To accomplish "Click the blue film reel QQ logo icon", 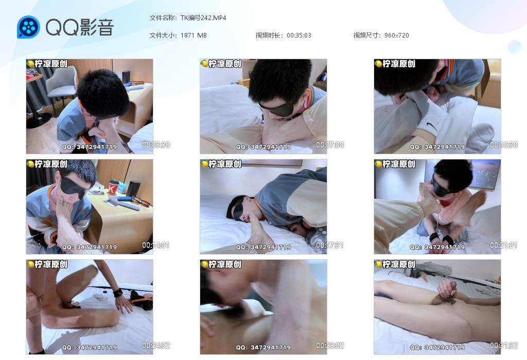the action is point(28,27).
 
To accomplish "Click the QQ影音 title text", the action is point(80,27).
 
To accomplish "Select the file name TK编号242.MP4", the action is point(203,18).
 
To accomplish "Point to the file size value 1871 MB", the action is point(194,35).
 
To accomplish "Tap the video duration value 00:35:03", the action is point(299,35).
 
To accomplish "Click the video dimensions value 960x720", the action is point(397,35).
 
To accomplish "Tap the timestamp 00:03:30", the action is point(155,145).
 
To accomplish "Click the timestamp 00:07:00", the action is point(330,145).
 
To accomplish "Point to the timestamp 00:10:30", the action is point(503,145).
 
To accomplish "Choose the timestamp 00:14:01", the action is point(155,245).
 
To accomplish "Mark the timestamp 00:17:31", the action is point(330,245).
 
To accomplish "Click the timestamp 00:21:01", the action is point(503,245).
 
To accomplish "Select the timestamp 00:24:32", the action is point(155,345).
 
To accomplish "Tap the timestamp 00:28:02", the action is point(330,345).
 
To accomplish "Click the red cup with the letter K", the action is point(113,187).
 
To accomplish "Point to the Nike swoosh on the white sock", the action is point(432,127).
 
